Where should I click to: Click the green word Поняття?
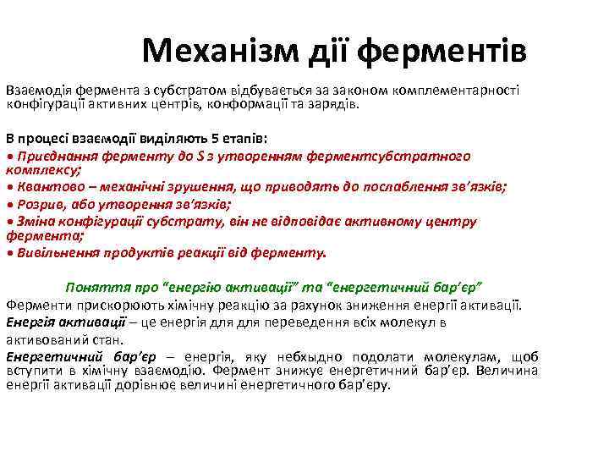92,287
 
